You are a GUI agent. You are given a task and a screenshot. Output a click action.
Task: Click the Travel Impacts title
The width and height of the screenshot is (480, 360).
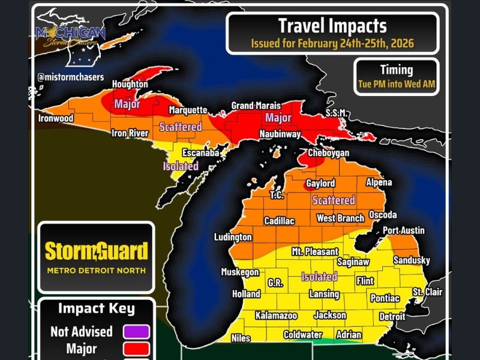click(x=332, y=26)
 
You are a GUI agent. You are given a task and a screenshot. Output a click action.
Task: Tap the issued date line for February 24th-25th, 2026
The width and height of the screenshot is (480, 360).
click(x=332, y=44)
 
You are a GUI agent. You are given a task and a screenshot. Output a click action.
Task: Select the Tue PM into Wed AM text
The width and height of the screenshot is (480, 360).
click(x=396, y=83)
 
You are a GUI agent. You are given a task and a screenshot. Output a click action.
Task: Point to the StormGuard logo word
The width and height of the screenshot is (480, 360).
click(x=96, y=251)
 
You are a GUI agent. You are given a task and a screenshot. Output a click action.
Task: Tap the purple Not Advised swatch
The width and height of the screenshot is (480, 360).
click(x=136, y=331)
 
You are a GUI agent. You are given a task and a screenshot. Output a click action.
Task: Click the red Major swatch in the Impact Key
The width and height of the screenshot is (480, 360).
click(x=136, y=348)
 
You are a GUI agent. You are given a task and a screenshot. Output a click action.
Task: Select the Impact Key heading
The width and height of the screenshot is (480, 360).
click(x=96, y=309)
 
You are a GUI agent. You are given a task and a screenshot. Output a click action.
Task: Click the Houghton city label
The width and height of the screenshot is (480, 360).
click(x=130, y=86)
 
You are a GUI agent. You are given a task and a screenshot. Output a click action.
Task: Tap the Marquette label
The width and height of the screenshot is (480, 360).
click(x=188, y=110)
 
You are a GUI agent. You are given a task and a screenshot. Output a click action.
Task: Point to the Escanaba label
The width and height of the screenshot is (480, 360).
click(x=200, y=153)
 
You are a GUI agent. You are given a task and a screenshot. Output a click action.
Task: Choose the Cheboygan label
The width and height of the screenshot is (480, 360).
click(x=328, y=153)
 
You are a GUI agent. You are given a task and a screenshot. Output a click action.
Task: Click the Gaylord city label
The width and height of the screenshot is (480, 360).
click(x=320, y=183)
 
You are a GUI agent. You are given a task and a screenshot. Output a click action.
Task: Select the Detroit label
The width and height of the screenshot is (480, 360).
click(x=392, y=316)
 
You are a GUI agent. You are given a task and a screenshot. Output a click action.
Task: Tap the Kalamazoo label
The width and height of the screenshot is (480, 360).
click(x=276, y=315)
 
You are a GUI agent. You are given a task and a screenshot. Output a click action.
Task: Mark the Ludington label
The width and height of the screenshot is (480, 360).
click(x=233, y=238)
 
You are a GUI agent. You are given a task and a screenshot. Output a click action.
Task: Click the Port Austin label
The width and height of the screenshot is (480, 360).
click(x=404, y=230)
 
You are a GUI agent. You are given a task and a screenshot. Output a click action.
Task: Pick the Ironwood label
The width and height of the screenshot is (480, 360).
click(x=56, y=118)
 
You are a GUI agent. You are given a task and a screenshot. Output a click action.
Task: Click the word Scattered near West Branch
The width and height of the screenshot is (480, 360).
click(x=334, y=200)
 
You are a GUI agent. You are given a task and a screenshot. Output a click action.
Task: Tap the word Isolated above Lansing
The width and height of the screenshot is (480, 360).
click(x=319, y=277)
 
